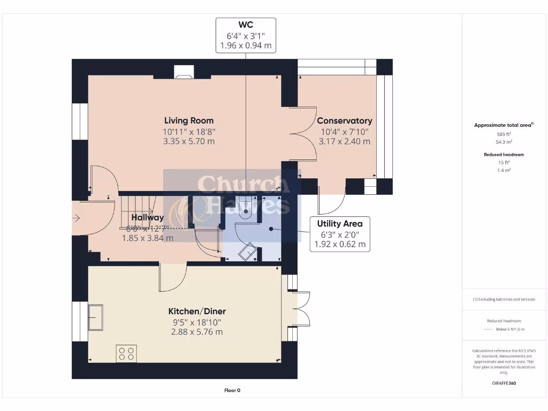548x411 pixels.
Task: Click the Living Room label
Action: click(x=188, y=120)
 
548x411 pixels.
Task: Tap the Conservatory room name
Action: click(x=344, y=121)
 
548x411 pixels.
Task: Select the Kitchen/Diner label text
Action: click(x=197, y=311)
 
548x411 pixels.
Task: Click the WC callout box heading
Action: click(x=246, y=25)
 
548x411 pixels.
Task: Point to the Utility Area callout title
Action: click(x=340, y=224)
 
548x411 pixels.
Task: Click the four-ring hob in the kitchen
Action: click(x=126, y=353)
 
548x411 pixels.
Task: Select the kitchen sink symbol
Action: click(x=96, y=317)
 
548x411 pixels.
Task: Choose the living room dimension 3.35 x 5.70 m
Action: click(x=188, y=141)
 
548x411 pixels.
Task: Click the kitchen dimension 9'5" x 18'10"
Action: click(x=197, y=322)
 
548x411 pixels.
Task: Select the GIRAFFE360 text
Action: click(x=504, y=383)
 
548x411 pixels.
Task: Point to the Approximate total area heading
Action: click(x=503, y=125)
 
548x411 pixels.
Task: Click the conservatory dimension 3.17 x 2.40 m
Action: click(x=344, y=141)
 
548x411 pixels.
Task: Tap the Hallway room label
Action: click(x=148, y=218)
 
